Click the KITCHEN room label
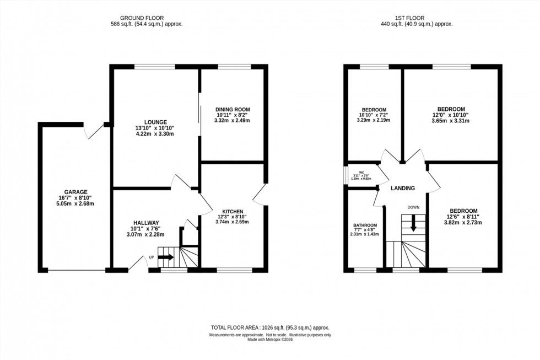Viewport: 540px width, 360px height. pos(233,211)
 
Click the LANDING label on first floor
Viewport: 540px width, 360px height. pos(402,189)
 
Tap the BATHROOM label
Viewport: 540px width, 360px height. pos(365,225)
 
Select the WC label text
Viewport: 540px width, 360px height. pos(361,173)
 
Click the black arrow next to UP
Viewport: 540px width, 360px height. pos(166,257)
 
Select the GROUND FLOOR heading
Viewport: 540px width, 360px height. pos(146,17)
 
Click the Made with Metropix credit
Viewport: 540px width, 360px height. pos(269,340)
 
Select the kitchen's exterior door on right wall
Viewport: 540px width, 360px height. pos(260,194)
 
